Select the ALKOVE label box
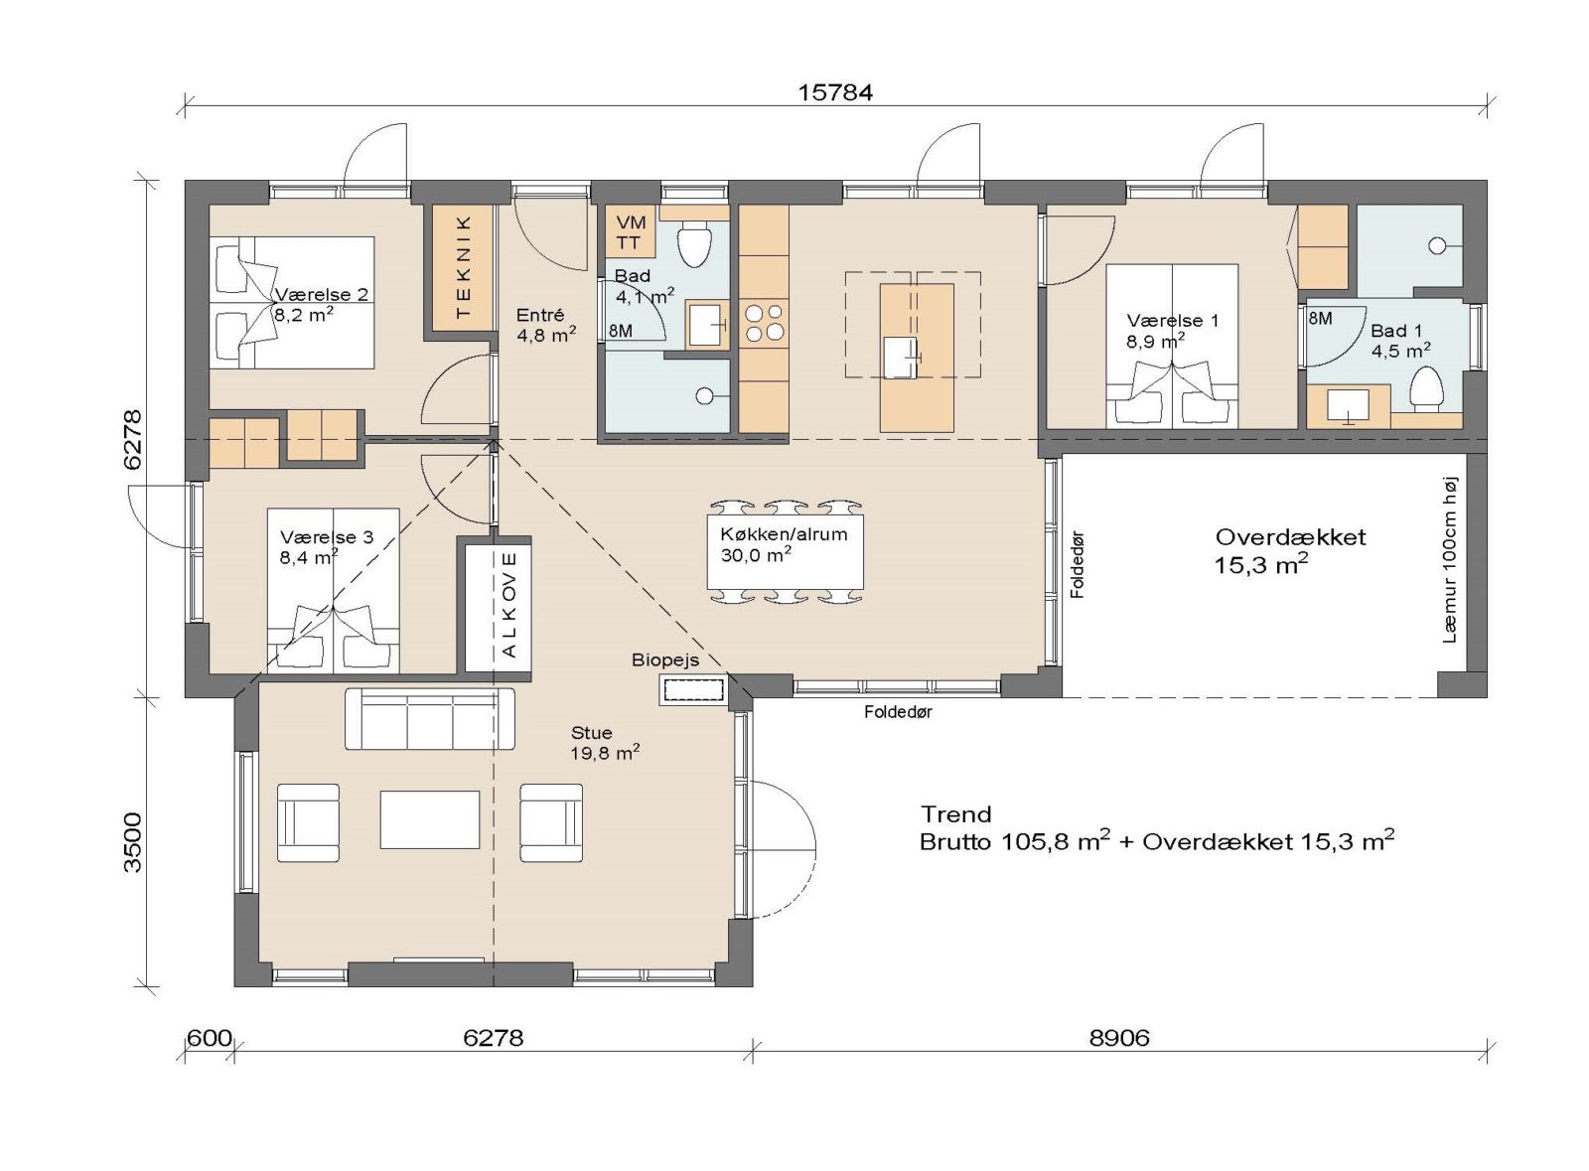click(x=509, y=605)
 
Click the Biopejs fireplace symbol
click(x=693, y=689)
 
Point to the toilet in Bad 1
click(x=1425, y=388)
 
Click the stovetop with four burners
click(x=763, y=324)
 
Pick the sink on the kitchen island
click(x=902, y=358)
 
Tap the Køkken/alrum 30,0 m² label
click(x=784, y=544)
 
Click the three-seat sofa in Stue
click(x=429, y=719)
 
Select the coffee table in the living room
click(x=429, y=819)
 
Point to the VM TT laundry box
click(x=630, y=231)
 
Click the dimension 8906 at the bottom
click(x=1119, y=1038)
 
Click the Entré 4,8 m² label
click(x=545, y=325)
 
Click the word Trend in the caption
click(x=955, y=814)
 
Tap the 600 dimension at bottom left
click(x=210, y=1038)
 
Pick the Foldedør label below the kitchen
click(x=898, y=711)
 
